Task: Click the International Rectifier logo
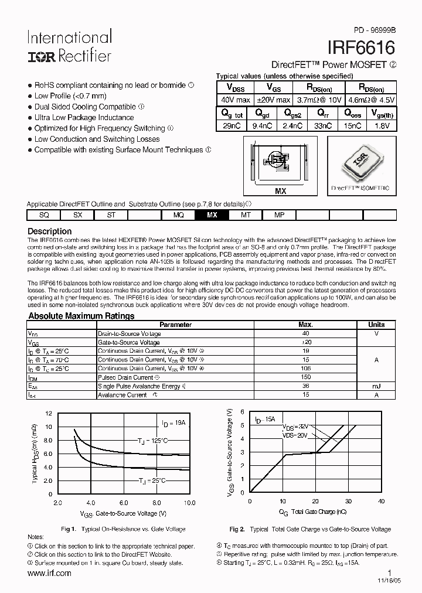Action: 69,47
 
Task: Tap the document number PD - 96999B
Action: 374,29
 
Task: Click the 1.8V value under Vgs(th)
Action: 381,126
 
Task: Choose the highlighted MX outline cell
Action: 212,215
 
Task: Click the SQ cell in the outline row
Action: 44,215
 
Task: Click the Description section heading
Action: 50,231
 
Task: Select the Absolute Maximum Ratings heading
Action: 81,316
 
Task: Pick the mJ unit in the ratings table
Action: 376,386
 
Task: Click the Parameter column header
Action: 175,324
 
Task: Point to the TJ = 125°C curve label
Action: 153,440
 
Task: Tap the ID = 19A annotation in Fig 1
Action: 173,422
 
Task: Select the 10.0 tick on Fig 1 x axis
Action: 189,503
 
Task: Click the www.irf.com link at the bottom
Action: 49,573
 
